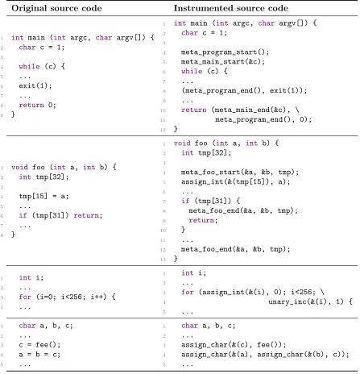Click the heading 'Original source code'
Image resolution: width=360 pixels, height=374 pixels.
coord(56,8)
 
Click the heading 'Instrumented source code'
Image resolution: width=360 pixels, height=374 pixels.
coord(231,8)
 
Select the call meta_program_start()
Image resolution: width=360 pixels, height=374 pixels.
coord(225,52)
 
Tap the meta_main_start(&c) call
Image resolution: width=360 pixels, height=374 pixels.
coord(223,62)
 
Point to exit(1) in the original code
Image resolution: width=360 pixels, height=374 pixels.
coord(35,85)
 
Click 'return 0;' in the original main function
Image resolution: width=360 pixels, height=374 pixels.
coord(37,105)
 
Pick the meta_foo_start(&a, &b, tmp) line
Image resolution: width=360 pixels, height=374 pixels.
coord(240,172)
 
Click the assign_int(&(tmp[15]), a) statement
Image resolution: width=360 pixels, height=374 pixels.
coord(235,182)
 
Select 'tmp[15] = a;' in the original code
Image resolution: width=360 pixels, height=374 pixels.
coord(43,196)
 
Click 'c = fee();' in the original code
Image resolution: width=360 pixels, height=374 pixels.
coord(39,345)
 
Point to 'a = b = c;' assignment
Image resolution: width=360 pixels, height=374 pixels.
coord(39,355)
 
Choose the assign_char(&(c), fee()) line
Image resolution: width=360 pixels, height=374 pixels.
coord(234,345)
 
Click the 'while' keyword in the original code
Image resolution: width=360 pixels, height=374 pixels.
coord(29,66)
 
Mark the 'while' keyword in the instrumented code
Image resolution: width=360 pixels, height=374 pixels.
coord(192,71)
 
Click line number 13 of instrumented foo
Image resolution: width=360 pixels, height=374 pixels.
coord(163,259)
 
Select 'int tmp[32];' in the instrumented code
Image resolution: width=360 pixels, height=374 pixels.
coord(206,153)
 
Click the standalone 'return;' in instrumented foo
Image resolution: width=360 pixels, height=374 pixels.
coord(203,220)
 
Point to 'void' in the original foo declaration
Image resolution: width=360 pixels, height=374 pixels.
coord(19,167)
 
